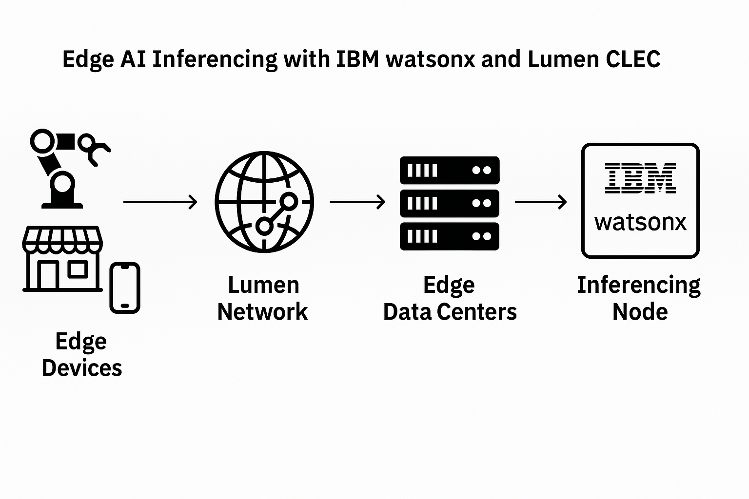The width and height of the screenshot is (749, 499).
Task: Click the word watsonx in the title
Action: coord(431,59)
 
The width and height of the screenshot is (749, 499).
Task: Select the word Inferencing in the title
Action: coord(215,60)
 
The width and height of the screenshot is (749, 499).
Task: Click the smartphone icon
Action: coord(125,288)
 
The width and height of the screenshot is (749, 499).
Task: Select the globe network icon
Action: coord(264,202)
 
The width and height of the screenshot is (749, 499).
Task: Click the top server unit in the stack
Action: coord(450,170)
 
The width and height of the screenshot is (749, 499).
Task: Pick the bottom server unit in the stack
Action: coord(450,236)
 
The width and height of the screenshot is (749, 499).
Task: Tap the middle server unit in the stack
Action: coord(450,203)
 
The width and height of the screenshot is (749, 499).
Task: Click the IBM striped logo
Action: coord(640,178)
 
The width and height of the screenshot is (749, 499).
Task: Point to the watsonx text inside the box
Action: coord(640,222)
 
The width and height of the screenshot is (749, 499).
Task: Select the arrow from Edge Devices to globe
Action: coord(160,202)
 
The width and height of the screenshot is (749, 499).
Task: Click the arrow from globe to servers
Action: coord(357,202)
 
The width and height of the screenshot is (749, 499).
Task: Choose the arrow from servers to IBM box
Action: coord(541,202)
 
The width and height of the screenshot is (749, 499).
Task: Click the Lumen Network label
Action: coord(263,298)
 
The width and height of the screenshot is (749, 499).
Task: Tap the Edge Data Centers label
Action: coord(450,298)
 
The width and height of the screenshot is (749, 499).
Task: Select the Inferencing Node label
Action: coord(639,298)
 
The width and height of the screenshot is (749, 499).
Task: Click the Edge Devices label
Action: coord(81,354)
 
